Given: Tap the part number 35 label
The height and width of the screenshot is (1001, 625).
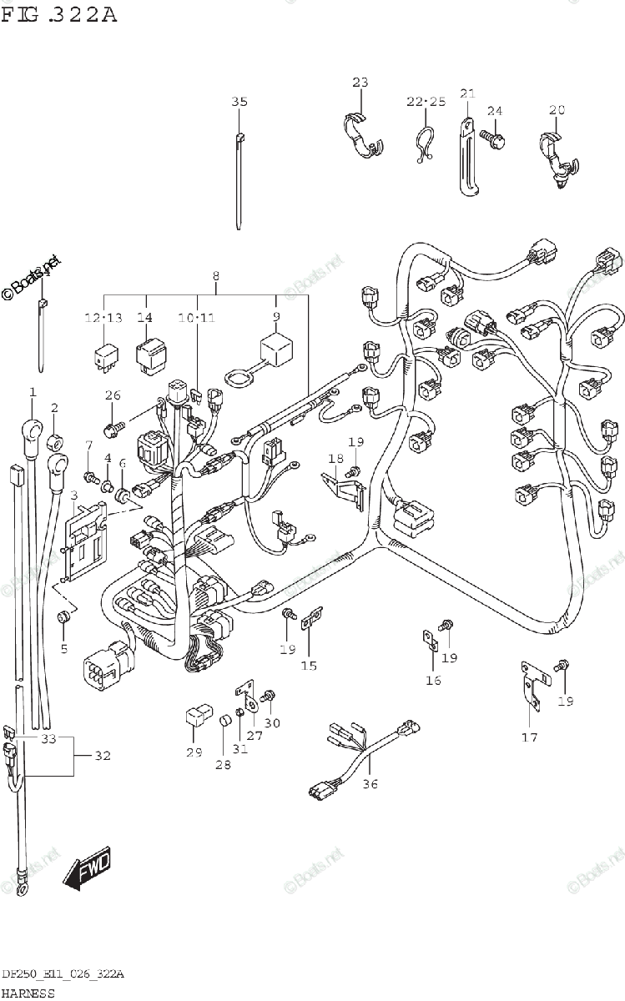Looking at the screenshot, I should click(239, 103).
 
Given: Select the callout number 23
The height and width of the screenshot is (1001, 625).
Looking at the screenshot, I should click(360, 83).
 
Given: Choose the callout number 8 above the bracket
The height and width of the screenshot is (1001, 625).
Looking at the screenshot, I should click(216, 276).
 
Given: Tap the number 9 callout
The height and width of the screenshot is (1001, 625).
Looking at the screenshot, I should click(276, 317).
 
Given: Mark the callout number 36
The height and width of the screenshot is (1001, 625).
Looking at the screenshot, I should click(370, 783).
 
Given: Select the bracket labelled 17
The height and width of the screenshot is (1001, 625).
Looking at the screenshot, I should click(530, 682).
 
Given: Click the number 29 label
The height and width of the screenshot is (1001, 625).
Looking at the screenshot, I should click(194, 753).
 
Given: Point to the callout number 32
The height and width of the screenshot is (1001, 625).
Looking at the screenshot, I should click(102, 757).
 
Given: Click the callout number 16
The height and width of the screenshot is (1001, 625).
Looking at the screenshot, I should click(433, 681).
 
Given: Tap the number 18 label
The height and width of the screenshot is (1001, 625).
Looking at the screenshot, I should click(335, 459).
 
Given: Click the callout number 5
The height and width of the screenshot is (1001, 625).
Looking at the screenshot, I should click(64, 647).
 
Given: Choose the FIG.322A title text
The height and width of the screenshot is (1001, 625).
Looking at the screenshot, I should click(58, 16).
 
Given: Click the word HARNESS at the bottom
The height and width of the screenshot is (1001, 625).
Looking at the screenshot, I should click(28, 993).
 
